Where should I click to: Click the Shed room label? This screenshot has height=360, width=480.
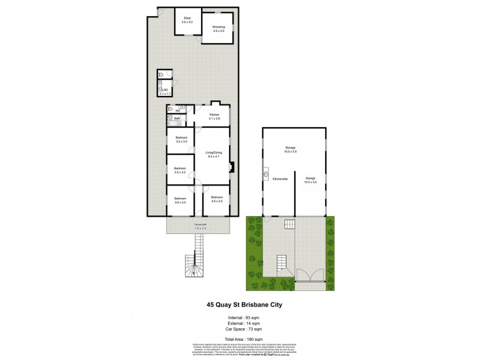tap(188, 20)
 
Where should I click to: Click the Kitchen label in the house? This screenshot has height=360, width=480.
tap(214, 116)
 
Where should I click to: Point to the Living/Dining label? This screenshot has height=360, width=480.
tap(214, 154)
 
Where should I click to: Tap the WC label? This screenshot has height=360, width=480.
tap(178, 110)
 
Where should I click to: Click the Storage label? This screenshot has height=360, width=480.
tap(291, 149)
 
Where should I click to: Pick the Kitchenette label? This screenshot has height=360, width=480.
tap(280, 179)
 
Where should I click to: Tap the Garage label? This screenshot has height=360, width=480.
tap(310, 179)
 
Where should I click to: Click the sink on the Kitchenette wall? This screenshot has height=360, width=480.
tap(265, 176)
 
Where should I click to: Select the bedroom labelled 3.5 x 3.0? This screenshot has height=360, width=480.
tap(180, 170)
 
